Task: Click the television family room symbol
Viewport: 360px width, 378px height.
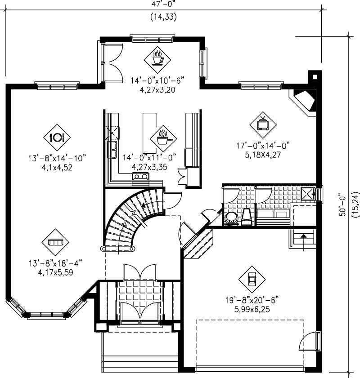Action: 262,123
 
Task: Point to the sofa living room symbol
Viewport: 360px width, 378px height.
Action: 55,242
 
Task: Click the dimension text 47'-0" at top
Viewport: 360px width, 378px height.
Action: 163,4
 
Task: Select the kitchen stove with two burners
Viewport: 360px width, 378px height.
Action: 140,177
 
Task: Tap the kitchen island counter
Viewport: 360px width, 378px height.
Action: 148,133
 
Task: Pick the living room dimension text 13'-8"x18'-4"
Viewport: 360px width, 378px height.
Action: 55,263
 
